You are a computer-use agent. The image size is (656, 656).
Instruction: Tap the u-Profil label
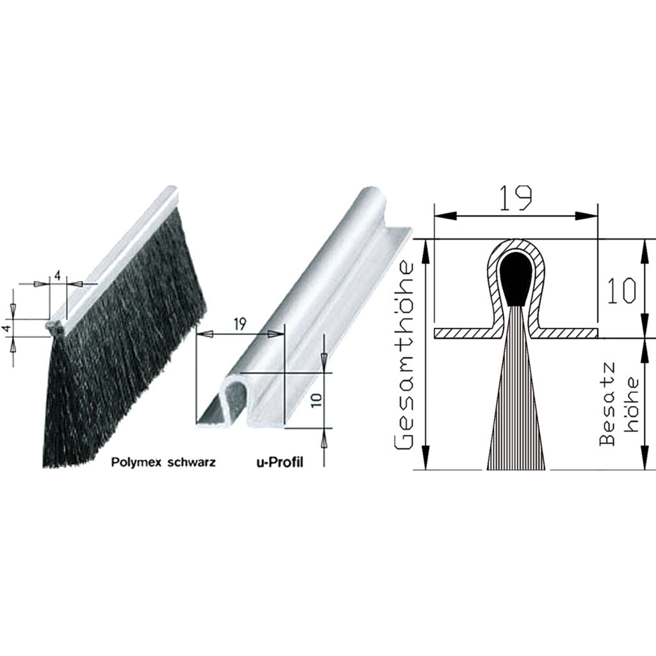[x=279, y=463]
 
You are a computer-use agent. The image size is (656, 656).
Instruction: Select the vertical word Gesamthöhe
[x=404, y=356]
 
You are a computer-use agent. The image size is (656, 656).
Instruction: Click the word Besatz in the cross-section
[x=608, y=404]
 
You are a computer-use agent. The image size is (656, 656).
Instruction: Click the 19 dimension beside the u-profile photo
[x=240, y=324]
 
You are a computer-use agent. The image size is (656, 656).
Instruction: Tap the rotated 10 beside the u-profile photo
[x=316, y=400]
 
